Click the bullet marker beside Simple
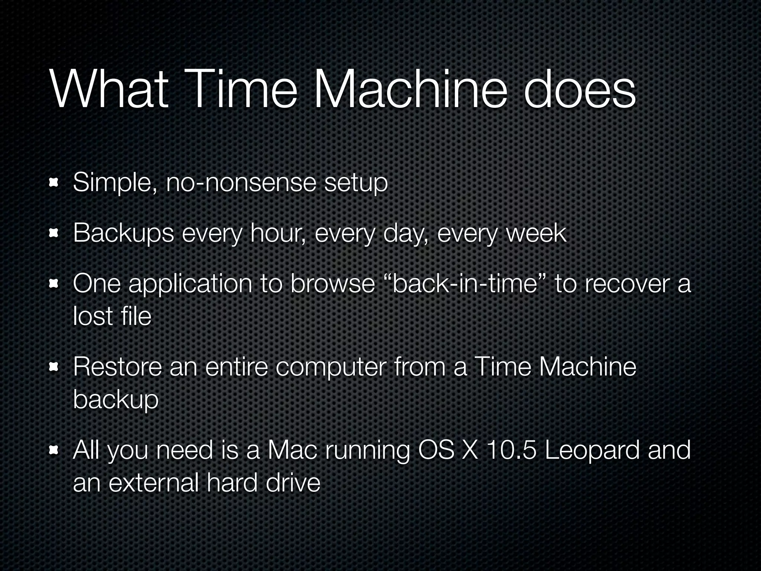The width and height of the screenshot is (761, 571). pyautogui.click(x=54, y=183)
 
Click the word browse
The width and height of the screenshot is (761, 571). pyautogui.click(x=333, y=284)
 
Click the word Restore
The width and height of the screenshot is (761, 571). pyautogui.click(x=117, y=367)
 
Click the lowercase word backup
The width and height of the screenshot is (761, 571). pyautogui.click(x=116, y=400)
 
